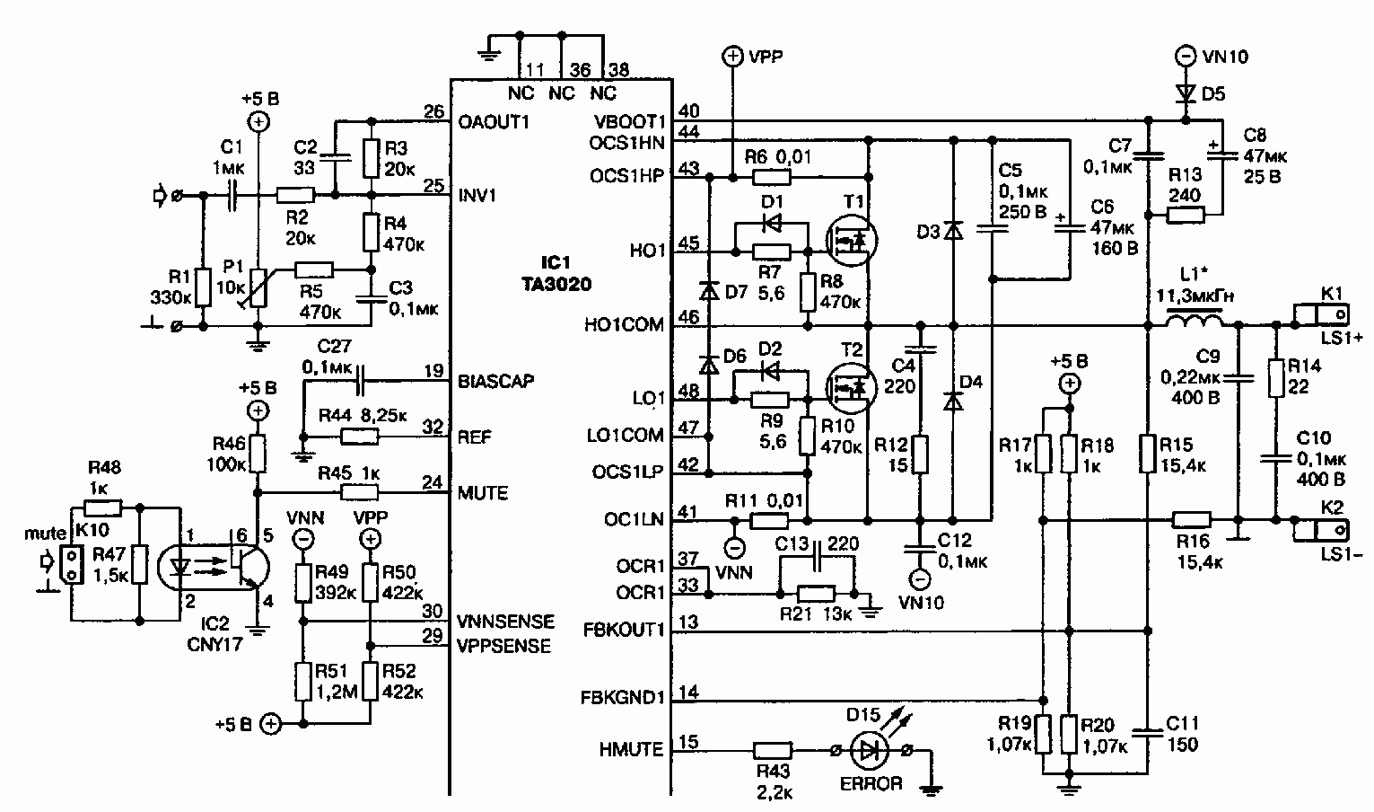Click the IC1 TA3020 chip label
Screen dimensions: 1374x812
pos(556,273)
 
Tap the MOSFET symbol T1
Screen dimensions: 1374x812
pos(851,240)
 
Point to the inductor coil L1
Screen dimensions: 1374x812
pos(1193,322)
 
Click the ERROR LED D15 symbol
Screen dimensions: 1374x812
pos(869,750)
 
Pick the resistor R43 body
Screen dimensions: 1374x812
pos(773,750)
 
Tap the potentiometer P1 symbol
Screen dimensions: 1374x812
pos(258,287)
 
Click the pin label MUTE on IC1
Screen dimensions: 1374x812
pos(483,493)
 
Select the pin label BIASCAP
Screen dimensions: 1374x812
pos(495,381)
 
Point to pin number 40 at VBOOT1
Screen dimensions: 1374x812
pos(689,111)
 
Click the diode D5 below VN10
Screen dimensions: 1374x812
pos(1186,94)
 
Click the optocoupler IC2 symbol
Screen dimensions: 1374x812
pos(214,567)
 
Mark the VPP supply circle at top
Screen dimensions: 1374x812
pos(732,57)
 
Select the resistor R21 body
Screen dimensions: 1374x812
pos(816,594)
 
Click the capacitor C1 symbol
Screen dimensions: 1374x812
pos(232,195)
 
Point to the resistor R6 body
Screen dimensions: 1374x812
pos(771,177)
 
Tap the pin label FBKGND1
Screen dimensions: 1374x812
pos(623,698)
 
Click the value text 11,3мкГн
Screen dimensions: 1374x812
pos(1195,296)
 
